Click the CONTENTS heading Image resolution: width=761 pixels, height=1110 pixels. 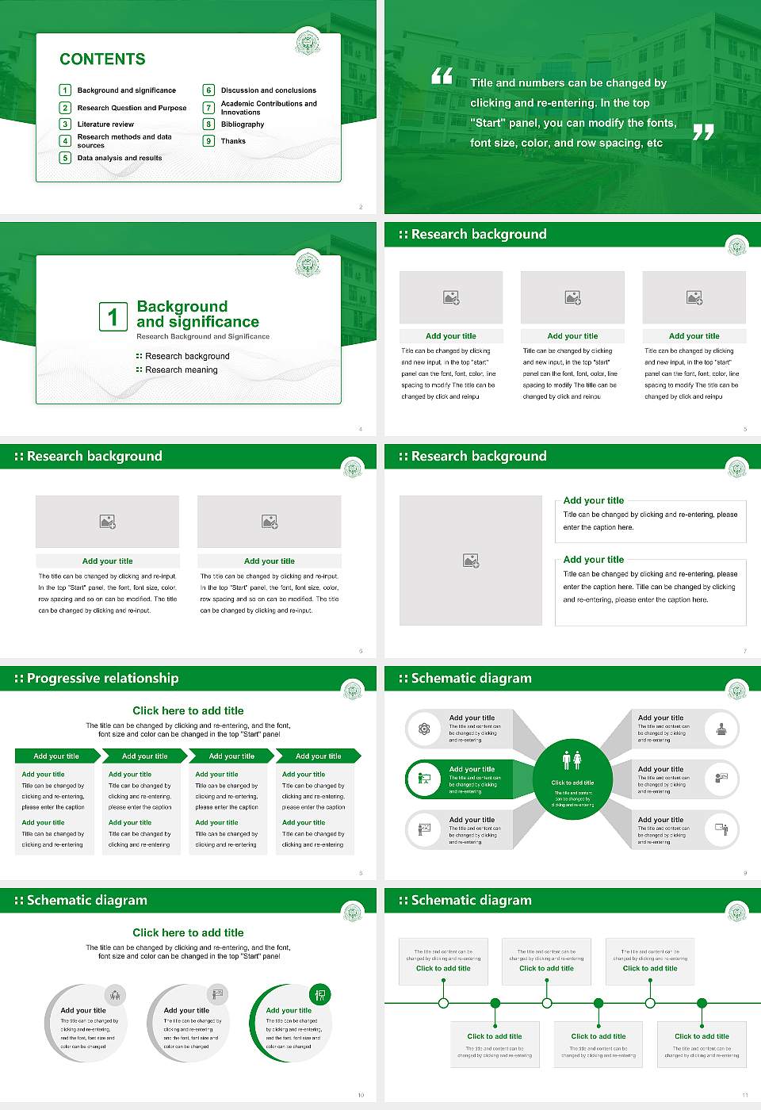coord(102,59)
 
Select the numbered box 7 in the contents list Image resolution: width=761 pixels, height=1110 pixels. coord(208,108)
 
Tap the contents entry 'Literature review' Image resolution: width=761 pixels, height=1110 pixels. coord(105,124)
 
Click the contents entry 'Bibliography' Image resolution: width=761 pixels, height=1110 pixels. coord(243,124)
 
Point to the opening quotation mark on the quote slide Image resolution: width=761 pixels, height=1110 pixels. coord(442,76)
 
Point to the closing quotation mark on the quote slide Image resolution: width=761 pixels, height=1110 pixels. coord(703,132)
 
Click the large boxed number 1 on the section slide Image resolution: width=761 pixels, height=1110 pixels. coord(113,316)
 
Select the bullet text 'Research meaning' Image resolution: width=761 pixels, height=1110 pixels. coord(181,370)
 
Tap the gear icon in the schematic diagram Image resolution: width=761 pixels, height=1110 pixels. coord(424,729)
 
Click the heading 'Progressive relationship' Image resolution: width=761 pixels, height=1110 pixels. coord(102,679)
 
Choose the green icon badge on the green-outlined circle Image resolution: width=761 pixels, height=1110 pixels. coord(320,994)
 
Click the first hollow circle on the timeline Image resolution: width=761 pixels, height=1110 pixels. coord(443,1003)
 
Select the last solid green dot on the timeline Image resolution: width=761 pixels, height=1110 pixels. coord(702,1003)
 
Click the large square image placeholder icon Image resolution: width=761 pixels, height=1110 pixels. coord(471,561)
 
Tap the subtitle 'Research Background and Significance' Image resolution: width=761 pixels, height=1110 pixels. coord(203,337)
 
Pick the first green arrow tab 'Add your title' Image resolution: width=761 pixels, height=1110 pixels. coord(56,756)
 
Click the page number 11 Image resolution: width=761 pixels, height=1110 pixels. coord(745,1095)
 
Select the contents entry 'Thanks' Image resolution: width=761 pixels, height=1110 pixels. coord(233,141)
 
